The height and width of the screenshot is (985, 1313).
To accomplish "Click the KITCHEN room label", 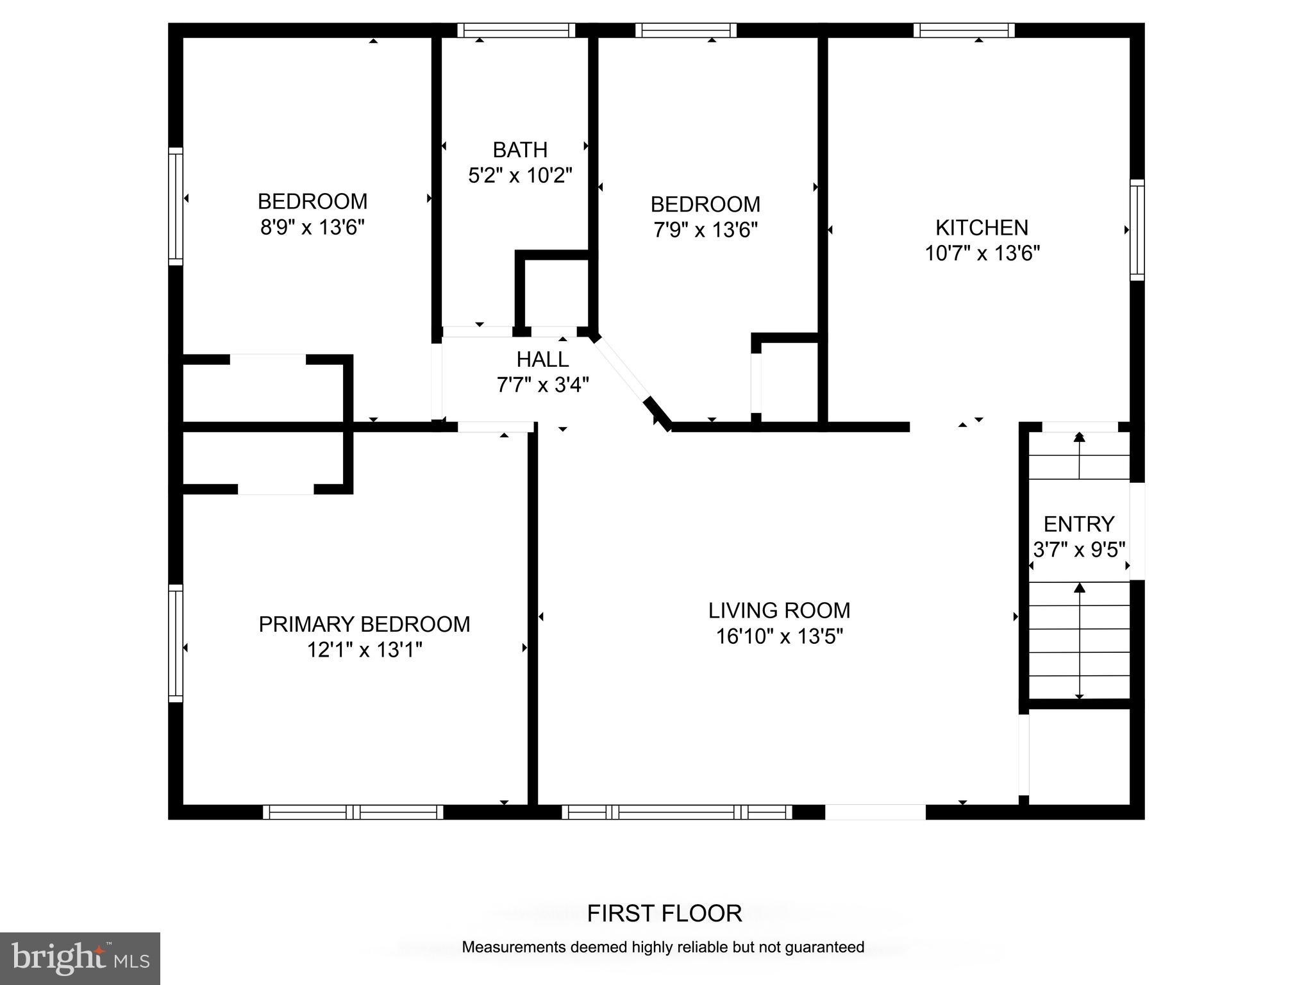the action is [x=982, y=228].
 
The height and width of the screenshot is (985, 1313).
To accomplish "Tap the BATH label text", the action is [x=520, y=150].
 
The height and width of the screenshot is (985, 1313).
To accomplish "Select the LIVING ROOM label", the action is [x=779, y=610].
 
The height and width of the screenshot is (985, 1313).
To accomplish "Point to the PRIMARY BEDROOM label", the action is [x=364, y=624].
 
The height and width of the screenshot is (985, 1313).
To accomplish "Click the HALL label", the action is [x=542, y=359].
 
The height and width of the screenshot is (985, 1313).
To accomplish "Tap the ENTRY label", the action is [x=1079, y=525].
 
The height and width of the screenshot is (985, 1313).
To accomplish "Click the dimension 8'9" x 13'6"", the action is [x=312, y=228].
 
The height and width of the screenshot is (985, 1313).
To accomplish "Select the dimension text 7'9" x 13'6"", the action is [x=705, y=230].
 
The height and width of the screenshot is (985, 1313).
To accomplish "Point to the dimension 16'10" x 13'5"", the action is [x=779, y=637].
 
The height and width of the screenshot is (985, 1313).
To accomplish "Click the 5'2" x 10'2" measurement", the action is [x=520, y=176].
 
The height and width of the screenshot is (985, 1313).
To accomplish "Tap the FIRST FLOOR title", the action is [x=664, y=913].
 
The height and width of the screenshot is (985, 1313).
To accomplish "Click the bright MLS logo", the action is [x=80, y=959].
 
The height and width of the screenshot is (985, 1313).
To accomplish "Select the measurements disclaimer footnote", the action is [x=663, y=947].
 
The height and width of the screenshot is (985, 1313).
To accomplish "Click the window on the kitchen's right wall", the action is [x=1137, y=230].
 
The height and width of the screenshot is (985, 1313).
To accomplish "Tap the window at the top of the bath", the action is [x=516, y=30].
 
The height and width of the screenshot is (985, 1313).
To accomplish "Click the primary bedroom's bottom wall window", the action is [x=353, y=812].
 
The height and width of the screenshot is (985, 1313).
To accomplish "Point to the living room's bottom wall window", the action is [x=677, y=812].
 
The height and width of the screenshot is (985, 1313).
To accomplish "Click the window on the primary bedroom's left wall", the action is [x=176, y=643].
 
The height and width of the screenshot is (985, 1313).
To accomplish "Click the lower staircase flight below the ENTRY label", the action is [x=1080, y=641].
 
